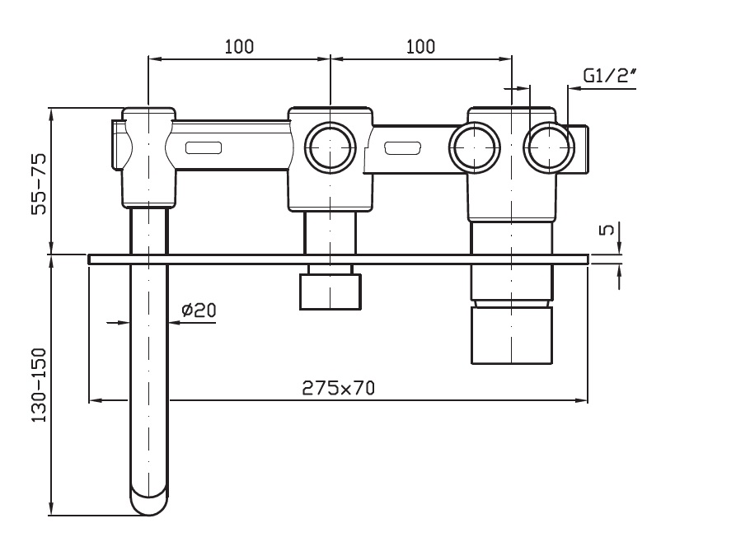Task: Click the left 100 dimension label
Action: pyautogui.click(x=239, y=46)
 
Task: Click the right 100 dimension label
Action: pyautogui.click(x=420, y=46)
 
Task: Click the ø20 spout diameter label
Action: pyautogui.click(x=199, y=310)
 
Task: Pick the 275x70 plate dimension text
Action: pyautogui.click(x=338, y=388)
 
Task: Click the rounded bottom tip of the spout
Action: pyautogui.click(x=150, y=503)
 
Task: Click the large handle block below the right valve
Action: pyautogui.click(x=511, y=334)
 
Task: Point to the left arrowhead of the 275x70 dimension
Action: pyautogui.click(x=93, y=401)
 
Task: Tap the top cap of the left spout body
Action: pyautogui.click(x=149, y=112)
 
